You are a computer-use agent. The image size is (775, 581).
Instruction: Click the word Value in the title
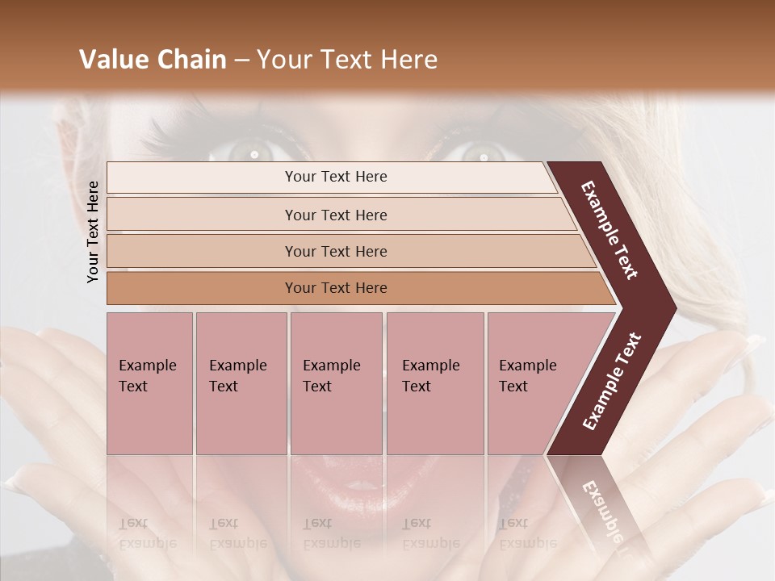(x=112, y=60)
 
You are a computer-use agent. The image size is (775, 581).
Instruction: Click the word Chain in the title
(x=191, y=60)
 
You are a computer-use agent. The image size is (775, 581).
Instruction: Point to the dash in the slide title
(x=241, y=61)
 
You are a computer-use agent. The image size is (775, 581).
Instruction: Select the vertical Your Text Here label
(x=93, y=232)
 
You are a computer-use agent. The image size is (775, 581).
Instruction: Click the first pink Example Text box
(x=149, y=383)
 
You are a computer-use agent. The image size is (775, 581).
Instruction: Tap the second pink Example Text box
(x=241, y=383)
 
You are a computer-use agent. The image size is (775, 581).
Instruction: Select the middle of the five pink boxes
(x=336, y=383)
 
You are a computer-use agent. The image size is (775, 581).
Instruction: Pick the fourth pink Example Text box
(x=434, y=383)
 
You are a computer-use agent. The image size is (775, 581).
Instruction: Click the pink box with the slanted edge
(x=533, y=383)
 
